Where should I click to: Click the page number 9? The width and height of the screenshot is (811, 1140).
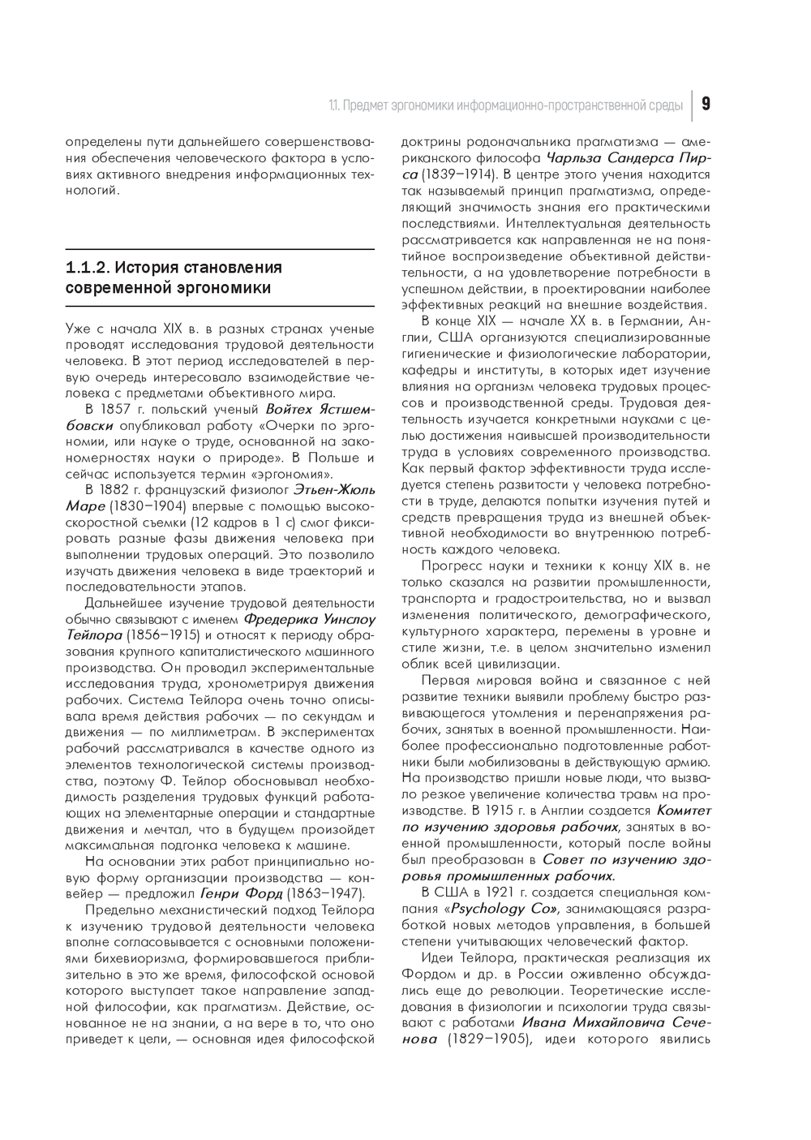[706, 105]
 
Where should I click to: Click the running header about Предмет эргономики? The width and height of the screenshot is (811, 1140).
[504, 105]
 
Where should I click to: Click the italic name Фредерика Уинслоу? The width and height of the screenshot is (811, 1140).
[309, 618]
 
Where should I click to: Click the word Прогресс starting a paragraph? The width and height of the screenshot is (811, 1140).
[451, 566]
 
